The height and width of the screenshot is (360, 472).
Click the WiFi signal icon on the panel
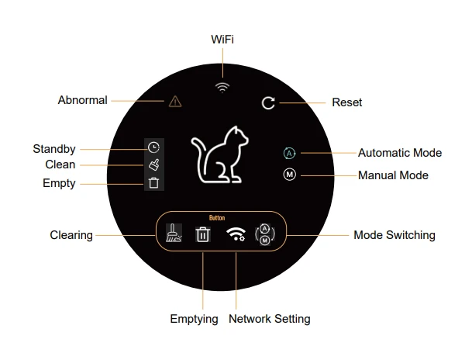click(x=222, y=88)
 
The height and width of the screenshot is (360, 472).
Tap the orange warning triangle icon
click(x=175, y=102)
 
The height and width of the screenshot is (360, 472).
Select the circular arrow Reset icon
click(x=268, y=103)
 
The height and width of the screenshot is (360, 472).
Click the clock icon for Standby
click(x=153, y=147)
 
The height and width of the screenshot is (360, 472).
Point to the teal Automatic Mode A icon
click(x=290, y=153)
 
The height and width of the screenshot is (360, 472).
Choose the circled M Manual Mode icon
click(x=290, y=175)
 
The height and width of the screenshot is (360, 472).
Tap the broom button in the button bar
click(x=174, y=233)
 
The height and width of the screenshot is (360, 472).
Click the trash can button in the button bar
click(x=202, y=234)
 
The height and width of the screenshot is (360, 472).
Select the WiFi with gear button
click(x=236, y=234)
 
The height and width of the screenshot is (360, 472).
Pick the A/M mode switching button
click(x=265, y=234)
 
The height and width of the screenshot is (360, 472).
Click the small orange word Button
click(x=217, y=218)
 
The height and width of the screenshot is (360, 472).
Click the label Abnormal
click(x=82, y=100)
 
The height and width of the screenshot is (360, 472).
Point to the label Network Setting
click(x=270, y=319)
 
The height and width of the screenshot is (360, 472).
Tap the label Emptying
click(x=194, y=319)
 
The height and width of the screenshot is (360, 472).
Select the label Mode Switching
click(x=394, y=235)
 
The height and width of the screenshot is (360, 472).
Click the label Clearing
click(x=71, y=235)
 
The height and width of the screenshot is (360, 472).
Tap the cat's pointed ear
click(x=236, y=130)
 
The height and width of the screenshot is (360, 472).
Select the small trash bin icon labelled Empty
click(x=153, y=183)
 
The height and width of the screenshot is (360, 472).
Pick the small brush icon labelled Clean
click(x=153, y=164)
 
